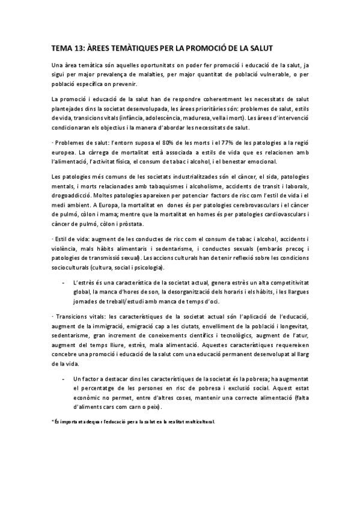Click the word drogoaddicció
point(75,197)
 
